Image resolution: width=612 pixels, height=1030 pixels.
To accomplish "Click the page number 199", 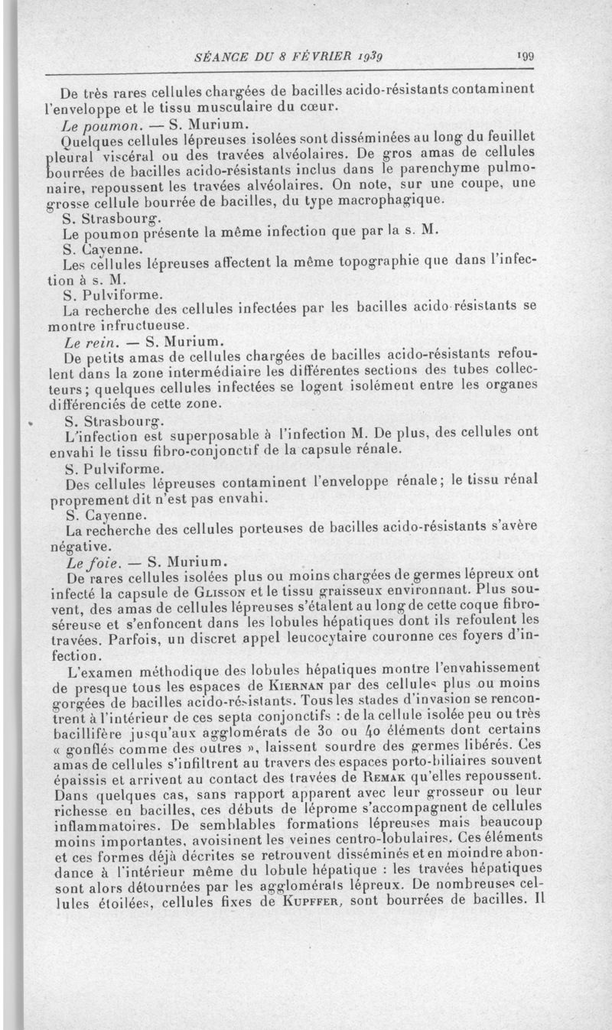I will coord(525,56).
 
